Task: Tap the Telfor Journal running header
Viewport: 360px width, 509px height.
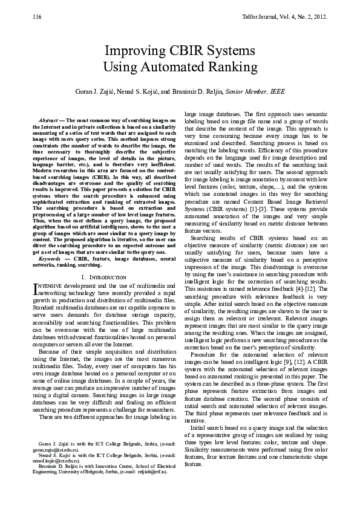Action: pos(292,17)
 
